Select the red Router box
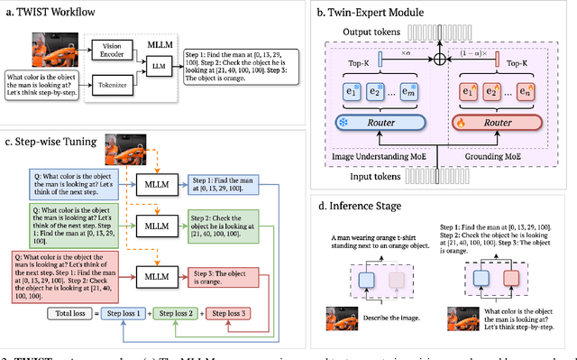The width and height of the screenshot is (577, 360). (x=499, y=122)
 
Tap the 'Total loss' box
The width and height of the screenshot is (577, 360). (x=73, y=314)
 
